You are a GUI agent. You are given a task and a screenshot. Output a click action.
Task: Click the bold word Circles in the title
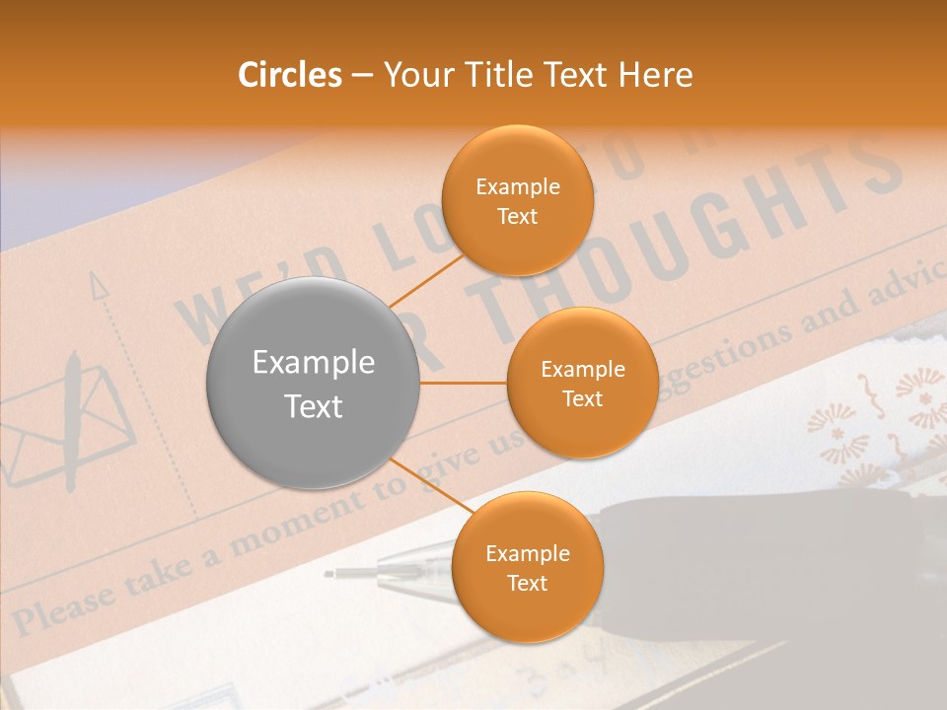click(x=290, y=75)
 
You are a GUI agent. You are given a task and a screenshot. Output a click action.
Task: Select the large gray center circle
click(x=314, y=383)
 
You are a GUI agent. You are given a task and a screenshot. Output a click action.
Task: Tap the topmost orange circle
click(x=517, y=200)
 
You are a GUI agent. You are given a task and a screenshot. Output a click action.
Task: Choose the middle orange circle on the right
click(x=582, y=383)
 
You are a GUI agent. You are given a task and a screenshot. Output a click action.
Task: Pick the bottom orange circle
click(x=527, y=567)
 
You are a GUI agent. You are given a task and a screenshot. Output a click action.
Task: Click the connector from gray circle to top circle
click(x=425, y=279)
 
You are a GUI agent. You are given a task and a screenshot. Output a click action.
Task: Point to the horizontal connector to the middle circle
click(x=463, y=383)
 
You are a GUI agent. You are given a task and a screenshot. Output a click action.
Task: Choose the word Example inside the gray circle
click(x=314, y=363)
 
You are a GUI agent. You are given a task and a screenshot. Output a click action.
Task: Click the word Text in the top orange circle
click(x=517, y=216)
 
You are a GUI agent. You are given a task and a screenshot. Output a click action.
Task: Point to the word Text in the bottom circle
click(x=527, y=583)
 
